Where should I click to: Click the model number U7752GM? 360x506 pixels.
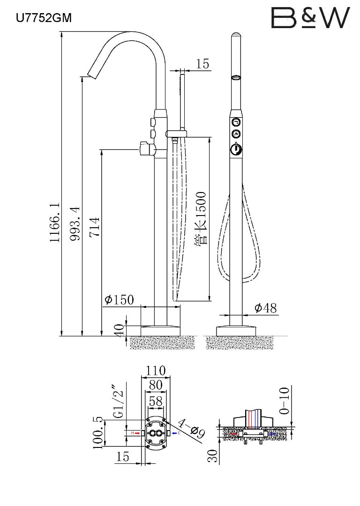click(x=44, y=18)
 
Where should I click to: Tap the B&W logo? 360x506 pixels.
click(x=310, y=17)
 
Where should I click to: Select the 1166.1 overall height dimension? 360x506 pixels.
click(x=55, y=223)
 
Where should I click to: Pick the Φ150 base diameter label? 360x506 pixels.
click(x=119, y=300)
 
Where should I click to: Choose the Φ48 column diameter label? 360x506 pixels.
click(x=266, y=308)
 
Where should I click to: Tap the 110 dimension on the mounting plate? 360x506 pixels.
click(x=156, y=371)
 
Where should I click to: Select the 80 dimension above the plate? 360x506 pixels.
click(x=156, y=385)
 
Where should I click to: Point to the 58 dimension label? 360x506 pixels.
click(x=156, y=401)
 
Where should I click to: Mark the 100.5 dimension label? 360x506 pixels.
click(x=98, y=432)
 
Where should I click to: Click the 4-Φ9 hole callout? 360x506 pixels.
click(x=192, y=428)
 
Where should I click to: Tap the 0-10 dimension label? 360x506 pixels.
click(x=285, y=401)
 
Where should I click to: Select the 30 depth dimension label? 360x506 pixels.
click(x=213, y=456)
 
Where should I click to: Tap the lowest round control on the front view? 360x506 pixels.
click(x=236, y=149)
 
